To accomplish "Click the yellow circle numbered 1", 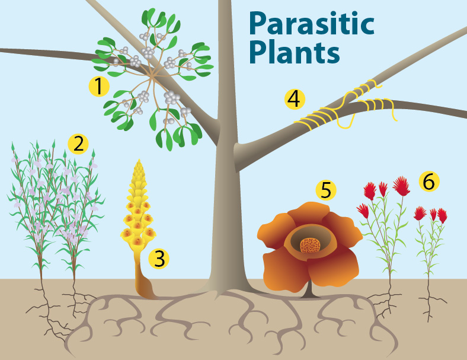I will pyautogui.click(x=99, y=87).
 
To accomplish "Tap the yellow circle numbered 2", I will pyautogui.click(x=78, y=143).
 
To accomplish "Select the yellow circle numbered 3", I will pyautogui.click(x=159, y=258).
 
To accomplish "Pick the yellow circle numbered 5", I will pyautogui.click(x=325, y=190).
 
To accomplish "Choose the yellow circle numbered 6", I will pyautogui.click(x=428, y=181).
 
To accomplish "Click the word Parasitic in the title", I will pyautogui.click(x=311, y=24).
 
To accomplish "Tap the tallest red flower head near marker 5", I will pyautogui.click(x=401, y=186).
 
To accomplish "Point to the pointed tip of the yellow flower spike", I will pyautogui.click(x=139, y=161).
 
